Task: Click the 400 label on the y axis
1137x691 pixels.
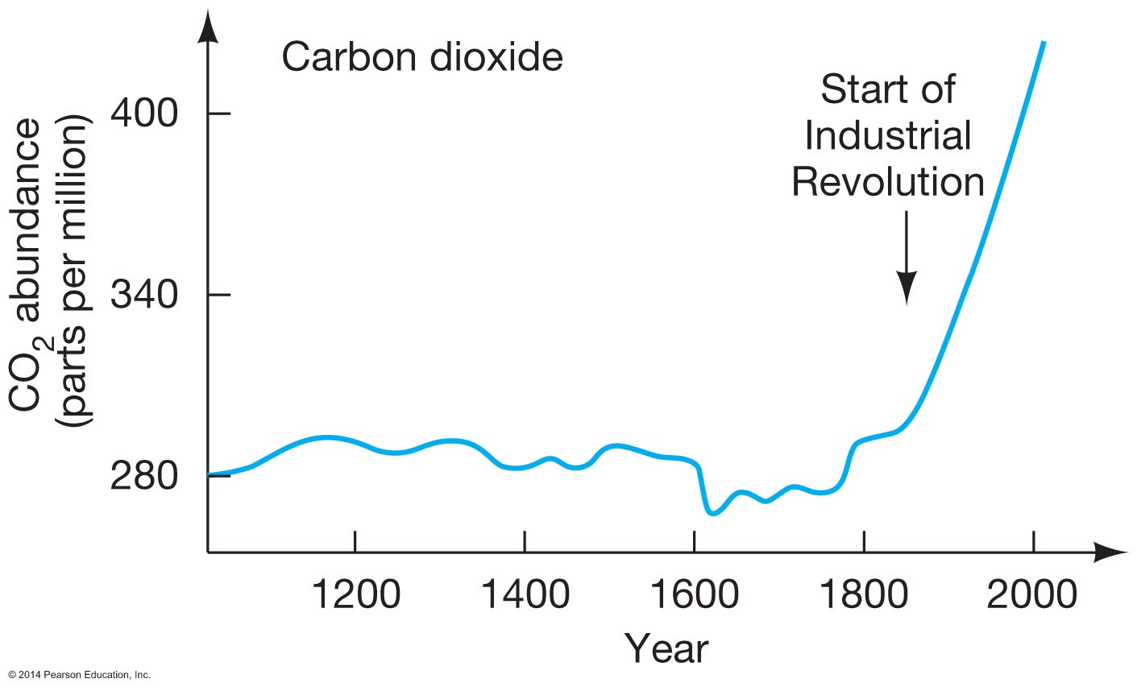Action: click(144, 114)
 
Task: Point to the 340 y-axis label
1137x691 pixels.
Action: click(144, 296)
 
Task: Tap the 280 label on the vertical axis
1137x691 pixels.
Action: click(144, 477)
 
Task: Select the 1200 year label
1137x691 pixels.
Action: click(355, 595)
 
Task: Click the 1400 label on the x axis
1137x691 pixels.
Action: click(525, 595)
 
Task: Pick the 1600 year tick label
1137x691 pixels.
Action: click(694, 595)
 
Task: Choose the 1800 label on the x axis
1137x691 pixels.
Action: click(864, 595)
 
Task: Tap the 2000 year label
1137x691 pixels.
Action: click(1033, 595)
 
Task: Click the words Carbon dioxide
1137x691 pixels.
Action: click(421, 58)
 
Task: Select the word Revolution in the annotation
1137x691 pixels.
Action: click(887, 182)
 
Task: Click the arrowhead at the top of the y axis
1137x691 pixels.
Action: click(209, 28)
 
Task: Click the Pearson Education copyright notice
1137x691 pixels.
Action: click(78, 675)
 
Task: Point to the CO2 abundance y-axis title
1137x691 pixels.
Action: click(48, 274)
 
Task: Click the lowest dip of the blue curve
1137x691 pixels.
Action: click(712, 512)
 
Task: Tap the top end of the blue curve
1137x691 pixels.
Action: click(1044, 42)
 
